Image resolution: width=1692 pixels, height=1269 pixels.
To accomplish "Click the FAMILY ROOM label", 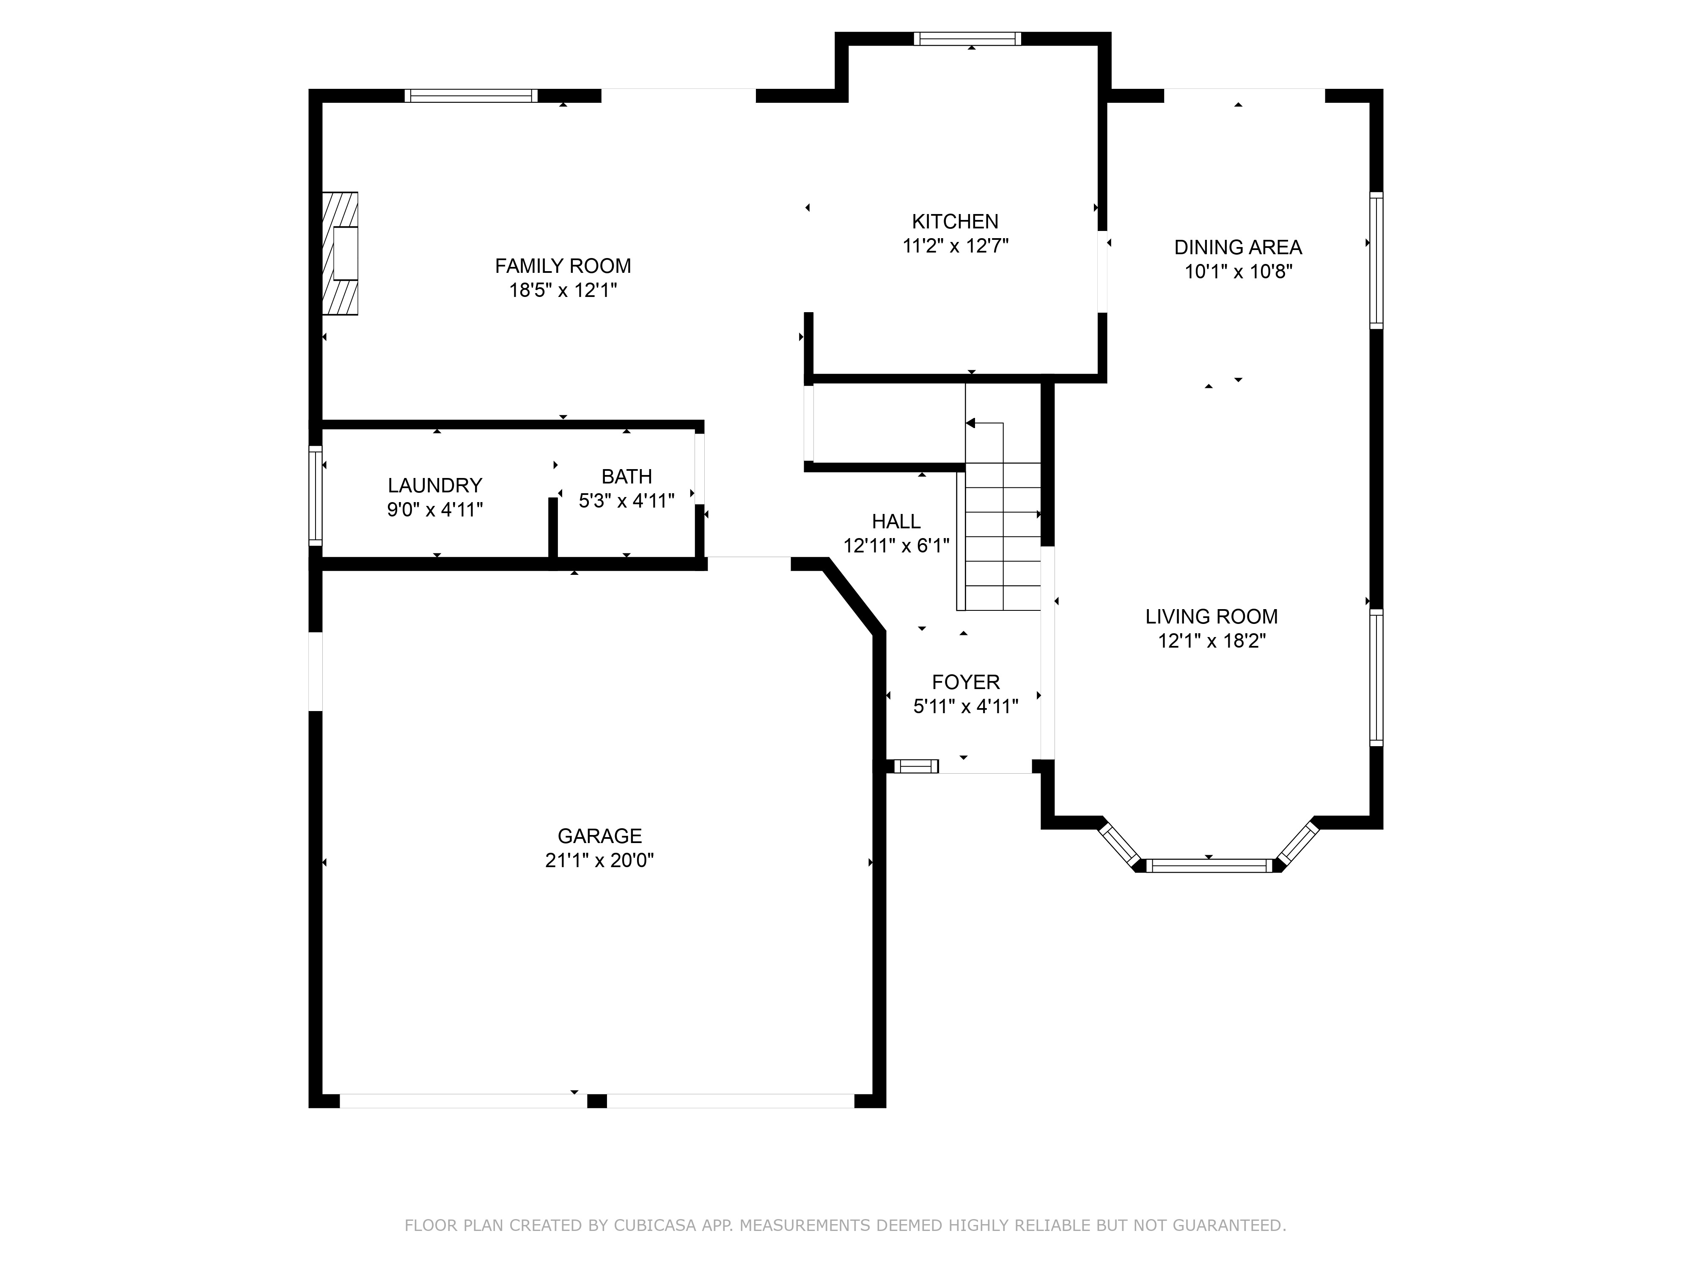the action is (x=563, y=266).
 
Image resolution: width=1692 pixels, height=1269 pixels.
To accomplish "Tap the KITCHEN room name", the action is (x=956, y=222).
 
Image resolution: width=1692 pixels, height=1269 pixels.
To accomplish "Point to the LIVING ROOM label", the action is (x=1211, y=617).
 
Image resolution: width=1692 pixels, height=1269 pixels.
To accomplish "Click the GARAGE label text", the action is (x=600, y=836).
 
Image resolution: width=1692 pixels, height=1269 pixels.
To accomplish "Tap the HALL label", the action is (x=896, y=522).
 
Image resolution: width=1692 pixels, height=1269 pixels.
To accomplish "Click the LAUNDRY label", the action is (x=435, y=486).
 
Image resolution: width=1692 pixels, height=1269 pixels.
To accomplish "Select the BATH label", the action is (x=626, y=477).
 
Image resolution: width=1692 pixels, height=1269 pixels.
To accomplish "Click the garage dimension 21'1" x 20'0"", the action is (x=600, y=860).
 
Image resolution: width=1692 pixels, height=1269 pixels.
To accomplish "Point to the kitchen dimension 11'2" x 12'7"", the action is (x=956, y=246).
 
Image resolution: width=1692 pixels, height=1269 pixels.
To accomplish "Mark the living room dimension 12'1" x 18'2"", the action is (x=1211, y=641).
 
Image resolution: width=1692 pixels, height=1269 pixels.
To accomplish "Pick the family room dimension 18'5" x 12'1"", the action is (x=563, y=291).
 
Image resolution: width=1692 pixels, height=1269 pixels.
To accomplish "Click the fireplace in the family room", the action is (x=341, y=253).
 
